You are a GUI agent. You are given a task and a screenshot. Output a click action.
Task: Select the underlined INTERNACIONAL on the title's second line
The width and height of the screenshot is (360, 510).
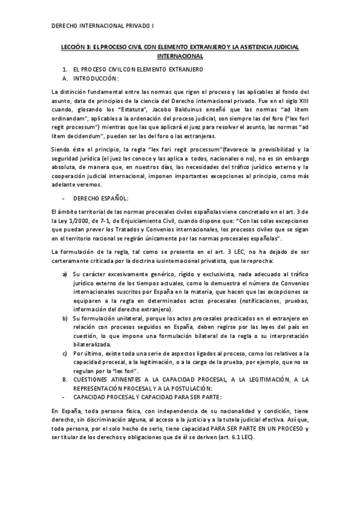coord(180,56)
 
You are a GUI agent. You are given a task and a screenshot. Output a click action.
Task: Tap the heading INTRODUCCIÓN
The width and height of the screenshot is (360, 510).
coord(96,78)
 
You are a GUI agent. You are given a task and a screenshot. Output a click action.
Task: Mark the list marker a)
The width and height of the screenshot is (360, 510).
coord(65,274)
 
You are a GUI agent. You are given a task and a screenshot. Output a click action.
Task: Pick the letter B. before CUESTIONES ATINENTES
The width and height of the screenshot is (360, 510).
coord(65,379)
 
